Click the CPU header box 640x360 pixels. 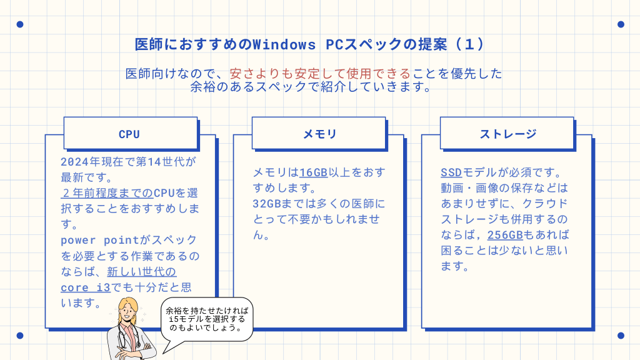tap(130, 134)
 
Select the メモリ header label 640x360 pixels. tap(319, 134)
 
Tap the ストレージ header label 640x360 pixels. tap(507, 134)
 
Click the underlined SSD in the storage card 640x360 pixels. tap(451, 172)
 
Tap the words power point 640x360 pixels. tap(97, 240)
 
